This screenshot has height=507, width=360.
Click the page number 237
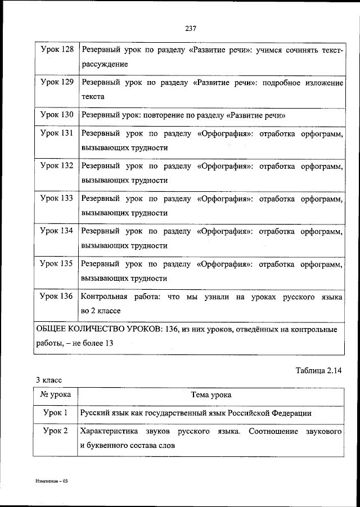(190, 29)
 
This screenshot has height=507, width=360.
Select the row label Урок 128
(57, 50)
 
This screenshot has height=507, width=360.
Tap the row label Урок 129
(57, 83)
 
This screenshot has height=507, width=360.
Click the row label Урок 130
(57, 115)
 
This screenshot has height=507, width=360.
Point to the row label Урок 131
(57, 134)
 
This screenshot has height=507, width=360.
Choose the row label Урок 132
(57, 167)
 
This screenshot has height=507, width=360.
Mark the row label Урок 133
(57, 199)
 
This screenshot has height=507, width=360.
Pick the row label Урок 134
(57, 231)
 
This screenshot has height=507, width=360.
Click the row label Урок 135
(57, 263)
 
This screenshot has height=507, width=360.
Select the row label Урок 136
(57, 296)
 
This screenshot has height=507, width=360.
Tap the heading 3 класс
(50, 380)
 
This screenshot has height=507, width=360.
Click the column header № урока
(56, 395)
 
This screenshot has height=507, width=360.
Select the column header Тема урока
(211, 395)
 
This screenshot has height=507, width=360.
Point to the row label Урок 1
(56, 413)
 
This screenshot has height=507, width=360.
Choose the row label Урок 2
(56, 432)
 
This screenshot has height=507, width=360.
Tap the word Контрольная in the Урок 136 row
(101, 296)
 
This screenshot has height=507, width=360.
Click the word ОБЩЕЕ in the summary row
(52, 329)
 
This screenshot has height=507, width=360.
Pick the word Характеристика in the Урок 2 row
(107, 432)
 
